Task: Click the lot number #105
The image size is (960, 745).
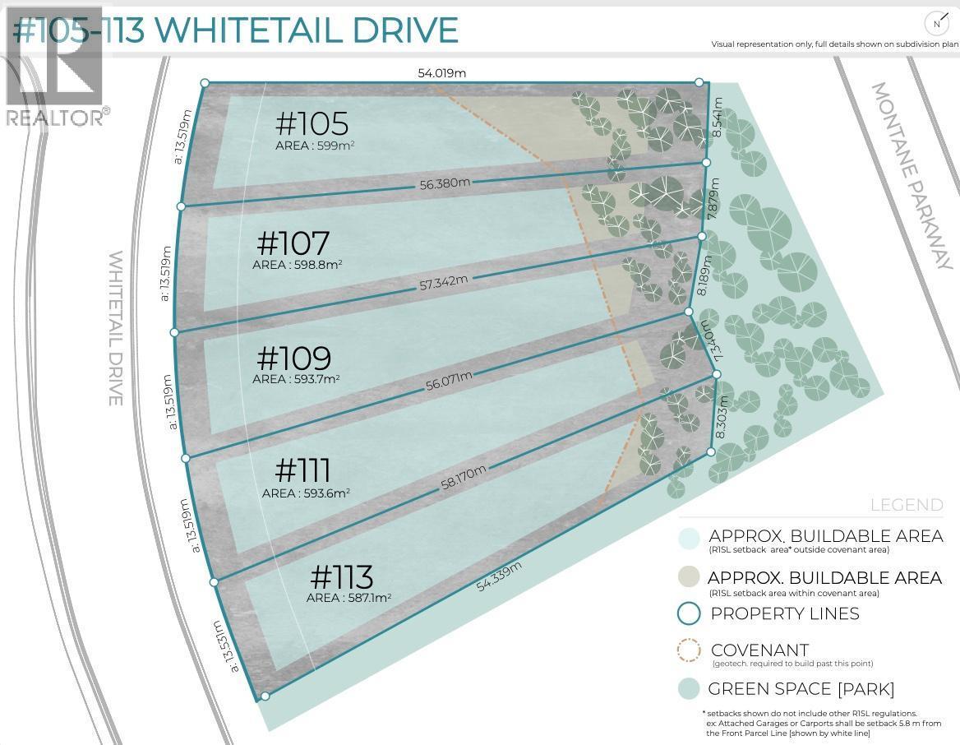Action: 312,124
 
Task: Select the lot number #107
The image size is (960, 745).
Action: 293,243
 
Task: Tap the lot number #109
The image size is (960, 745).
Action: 293,359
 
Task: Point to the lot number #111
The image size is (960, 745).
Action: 302,471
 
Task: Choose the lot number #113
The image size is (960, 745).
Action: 342,576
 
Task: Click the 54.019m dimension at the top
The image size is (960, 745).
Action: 441,73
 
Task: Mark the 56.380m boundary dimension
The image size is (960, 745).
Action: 445,183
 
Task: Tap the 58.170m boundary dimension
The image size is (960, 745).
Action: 464,478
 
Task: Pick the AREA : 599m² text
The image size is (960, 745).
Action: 315,146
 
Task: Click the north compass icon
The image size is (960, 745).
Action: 936,24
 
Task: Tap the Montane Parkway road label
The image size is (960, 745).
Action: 911,176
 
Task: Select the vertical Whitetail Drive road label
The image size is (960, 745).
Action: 115,328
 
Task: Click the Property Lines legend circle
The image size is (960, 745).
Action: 689,613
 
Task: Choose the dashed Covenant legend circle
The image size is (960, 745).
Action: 689,651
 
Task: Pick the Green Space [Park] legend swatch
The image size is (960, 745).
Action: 689,689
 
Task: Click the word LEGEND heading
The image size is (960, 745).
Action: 907,505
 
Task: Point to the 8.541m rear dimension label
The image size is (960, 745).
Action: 718,118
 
